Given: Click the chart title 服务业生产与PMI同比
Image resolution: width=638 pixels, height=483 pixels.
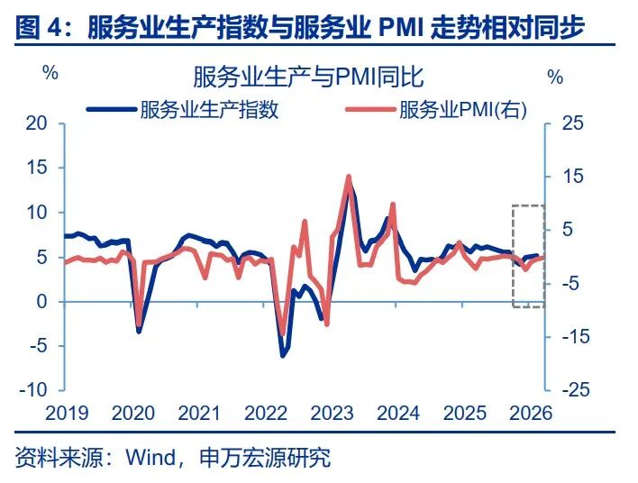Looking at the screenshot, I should [308, 76].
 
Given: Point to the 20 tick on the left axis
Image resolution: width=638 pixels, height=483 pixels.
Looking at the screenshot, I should [35, 123].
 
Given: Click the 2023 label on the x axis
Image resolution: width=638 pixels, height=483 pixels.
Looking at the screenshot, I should [331, 414].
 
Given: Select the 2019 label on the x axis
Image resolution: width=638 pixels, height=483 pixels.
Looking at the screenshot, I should [66, 414].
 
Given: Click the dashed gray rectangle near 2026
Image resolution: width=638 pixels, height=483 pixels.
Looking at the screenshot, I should [528, 256].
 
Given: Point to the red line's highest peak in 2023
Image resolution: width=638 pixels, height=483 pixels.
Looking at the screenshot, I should [349, 177].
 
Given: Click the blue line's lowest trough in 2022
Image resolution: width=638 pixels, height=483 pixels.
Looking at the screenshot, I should [282, 356].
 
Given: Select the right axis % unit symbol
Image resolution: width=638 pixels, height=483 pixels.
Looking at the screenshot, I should [555, 77].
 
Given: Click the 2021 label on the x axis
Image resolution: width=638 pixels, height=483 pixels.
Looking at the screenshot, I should [198, 414].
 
